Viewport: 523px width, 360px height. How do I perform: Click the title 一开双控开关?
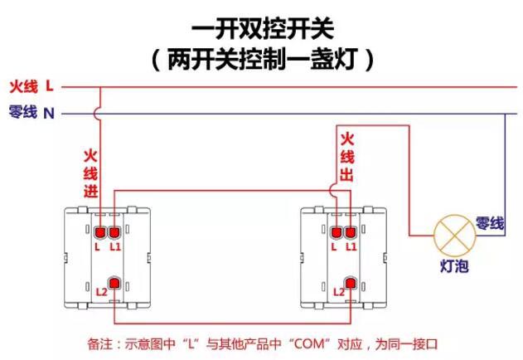(262, 30)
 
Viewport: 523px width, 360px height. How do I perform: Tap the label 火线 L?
(31, 85)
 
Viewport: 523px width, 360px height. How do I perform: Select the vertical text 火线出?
(347, 157)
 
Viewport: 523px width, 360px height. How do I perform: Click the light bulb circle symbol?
(453, 234)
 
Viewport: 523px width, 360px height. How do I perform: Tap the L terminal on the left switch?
(99, 232)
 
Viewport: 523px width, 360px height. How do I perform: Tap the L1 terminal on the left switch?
(114, 232)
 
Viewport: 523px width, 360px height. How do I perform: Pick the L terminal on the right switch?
(336, 232)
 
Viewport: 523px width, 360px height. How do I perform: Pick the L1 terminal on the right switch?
(351, 232)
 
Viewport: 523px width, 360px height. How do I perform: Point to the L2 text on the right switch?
(337, 292)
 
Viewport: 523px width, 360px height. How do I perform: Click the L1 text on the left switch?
(115, 247)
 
